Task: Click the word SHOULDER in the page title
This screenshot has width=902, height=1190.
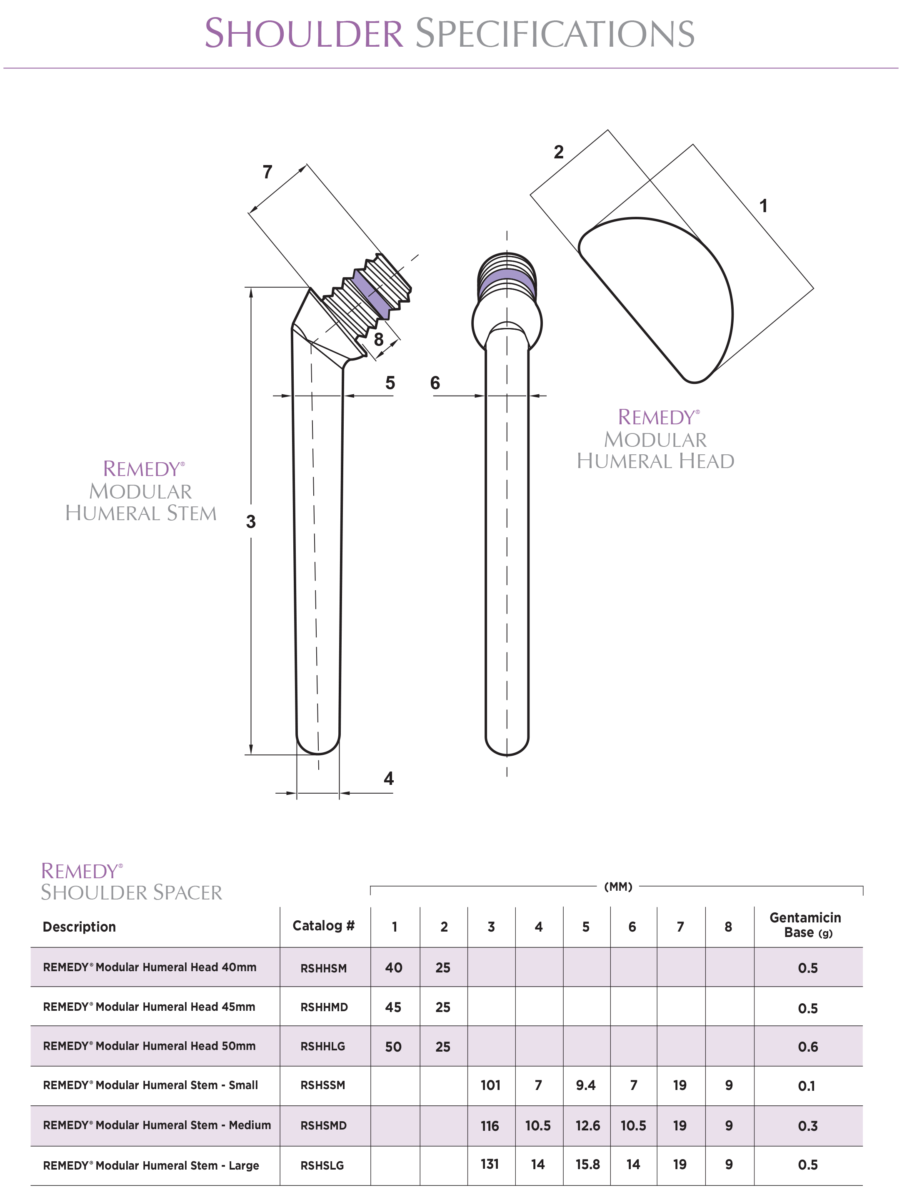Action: click(x=304, y=33)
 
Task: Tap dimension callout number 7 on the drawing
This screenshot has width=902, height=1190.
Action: click(x=267, y=172)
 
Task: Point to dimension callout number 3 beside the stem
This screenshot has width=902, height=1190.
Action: click(x=251, y=521)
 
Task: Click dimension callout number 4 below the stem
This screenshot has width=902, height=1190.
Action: click(x=388, y=779)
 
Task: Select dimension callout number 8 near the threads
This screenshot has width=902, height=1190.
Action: click(x=379, y=339)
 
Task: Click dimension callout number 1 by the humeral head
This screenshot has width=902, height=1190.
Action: click(x=763, y=205)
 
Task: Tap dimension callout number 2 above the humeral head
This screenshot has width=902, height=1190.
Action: click(x=559, y=152)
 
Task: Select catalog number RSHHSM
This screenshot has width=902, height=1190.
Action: click(x=323, y=968)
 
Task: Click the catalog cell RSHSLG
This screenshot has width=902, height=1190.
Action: click(x=322, y=1166)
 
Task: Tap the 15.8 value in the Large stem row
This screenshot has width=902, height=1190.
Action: click(x=587, y=1165)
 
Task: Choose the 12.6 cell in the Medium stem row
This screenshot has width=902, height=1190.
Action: click(x=587, y=1125)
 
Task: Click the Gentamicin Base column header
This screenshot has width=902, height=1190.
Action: click(x=805, y=925)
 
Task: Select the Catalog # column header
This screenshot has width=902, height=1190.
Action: click(x=323, y=926)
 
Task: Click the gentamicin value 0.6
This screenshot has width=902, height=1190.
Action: click(x=807, y=1047)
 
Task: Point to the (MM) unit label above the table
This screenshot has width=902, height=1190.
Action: click(x=618, y=887)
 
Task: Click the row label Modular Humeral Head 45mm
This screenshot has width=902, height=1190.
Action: click(x=149, y=1007)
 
